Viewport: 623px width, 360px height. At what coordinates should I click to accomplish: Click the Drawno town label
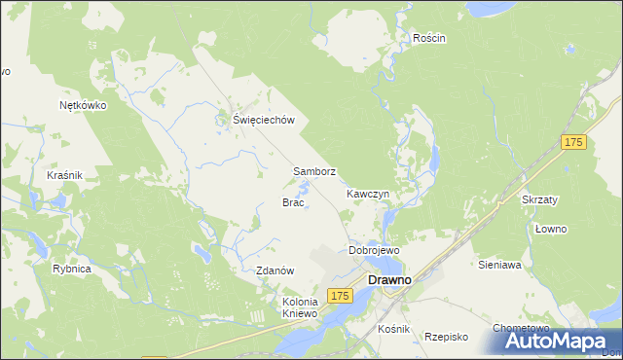coord(393,280)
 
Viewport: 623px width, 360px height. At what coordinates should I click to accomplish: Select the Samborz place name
coord(314,171)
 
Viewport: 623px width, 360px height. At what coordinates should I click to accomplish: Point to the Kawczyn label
coord(368,194)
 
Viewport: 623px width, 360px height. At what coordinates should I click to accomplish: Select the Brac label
coord(294,203)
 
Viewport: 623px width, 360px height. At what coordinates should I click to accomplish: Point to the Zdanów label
coord(275,270)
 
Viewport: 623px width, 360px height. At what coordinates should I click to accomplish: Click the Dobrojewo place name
coord(374,250)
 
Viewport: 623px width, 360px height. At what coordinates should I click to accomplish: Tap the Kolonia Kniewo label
coord(301,307)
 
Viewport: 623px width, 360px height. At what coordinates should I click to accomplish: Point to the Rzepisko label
coord(447,337)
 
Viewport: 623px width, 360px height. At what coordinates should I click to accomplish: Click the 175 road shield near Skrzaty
coord(573,143)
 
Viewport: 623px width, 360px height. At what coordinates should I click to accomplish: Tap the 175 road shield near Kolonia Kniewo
coord(339,295)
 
